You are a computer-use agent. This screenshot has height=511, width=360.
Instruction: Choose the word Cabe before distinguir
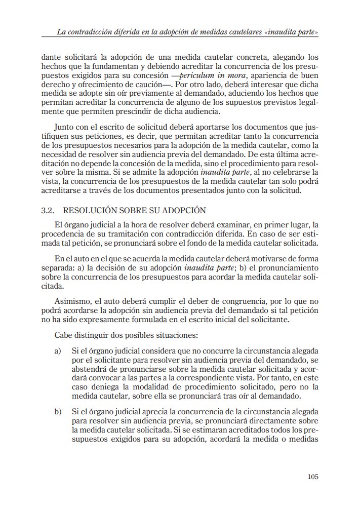63,335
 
